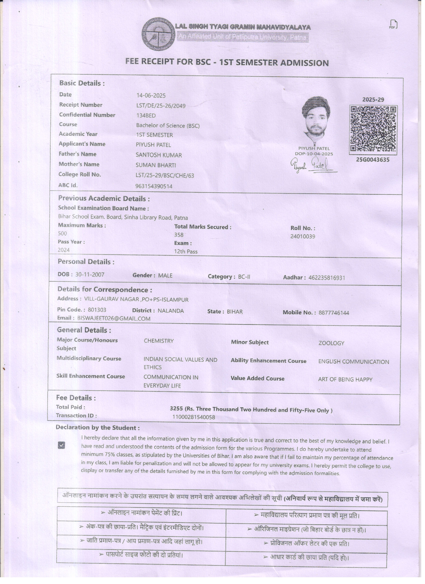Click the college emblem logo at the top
point(158,34)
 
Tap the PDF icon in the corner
point(393,24)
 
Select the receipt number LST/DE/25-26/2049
point(161,106)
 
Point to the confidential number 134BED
point(146,116)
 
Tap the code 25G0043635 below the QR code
point(373,160)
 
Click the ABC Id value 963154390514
point(154,186)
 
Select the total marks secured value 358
point(178,235)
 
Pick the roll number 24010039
point(302,236)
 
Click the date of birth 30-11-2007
point(90,275)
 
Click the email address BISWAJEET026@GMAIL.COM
point(114,319)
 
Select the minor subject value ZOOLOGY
point(331,343)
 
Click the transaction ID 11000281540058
point(193,417)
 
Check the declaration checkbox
point(61,445)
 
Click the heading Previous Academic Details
point(103,199)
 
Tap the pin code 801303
point(97,310)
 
